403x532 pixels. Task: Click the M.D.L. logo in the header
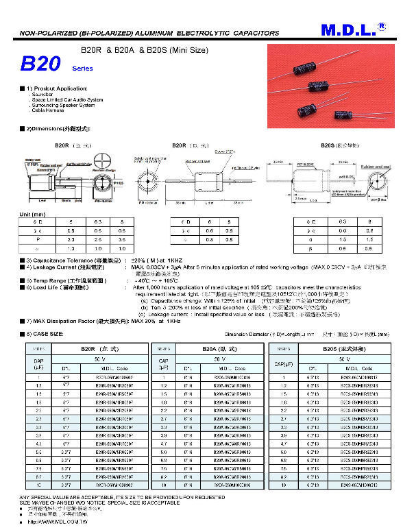[x=350, y=30]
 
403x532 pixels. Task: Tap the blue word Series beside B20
[x=82, y=69]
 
